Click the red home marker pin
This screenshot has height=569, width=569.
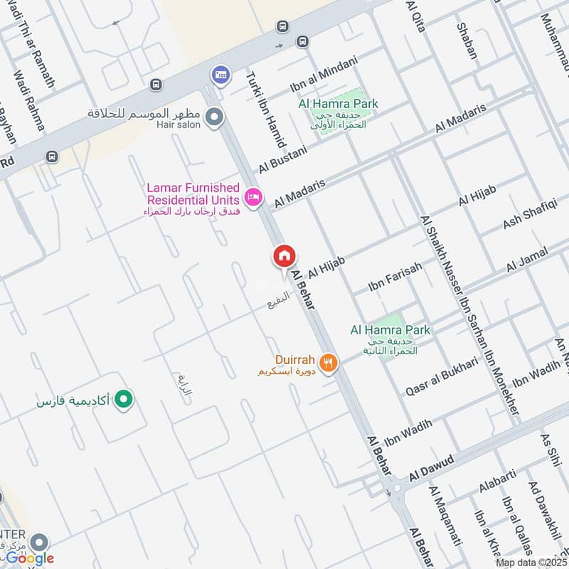click(x=284, y=257)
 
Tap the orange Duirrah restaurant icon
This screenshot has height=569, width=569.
click(x=328, y=363)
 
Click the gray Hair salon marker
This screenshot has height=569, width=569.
click(x=213, y=116)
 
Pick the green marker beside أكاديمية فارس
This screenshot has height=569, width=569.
click(x=124, y=400)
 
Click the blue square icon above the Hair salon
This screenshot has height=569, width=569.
click(x=218, y=75)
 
